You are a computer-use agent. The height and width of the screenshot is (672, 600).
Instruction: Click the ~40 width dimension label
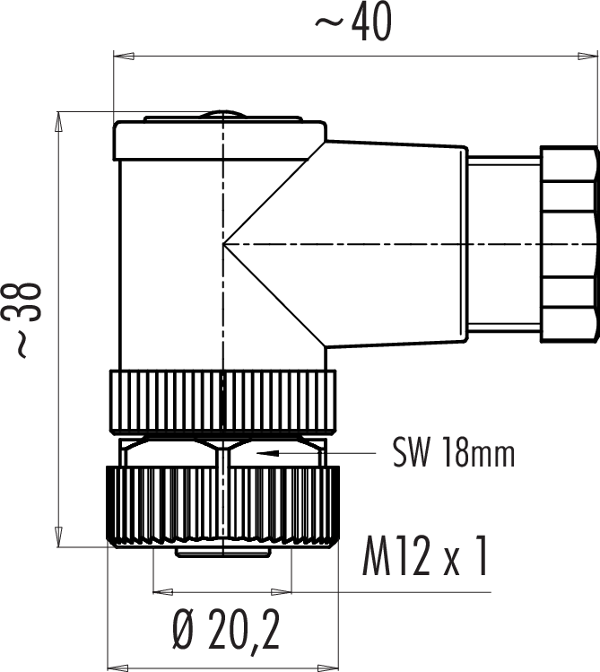click(x=353, y=22)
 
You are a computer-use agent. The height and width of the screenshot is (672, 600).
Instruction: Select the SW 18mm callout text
click(x=454, y=452)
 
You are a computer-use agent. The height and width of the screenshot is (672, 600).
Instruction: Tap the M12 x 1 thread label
click(x=425, y=556)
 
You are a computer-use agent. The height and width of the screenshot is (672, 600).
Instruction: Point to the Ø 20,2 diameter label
click(x=227, y=628)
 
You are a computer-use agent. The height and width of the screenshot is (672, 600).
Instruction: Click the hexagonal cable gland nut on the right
click(x=570, y=244)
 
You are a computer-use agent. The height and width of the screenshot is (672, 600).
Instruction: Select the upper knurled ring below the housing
click(x=222, y=400)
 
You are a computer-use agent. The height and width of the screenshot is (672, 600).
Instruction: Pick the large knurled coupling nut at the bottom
click(x=222, y=507)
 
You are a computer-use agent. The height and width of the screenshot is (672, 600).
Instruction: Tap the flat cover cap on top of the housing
click(x=220, y=141)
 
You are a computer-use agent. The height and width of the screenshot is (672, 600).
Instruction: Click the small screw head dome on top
click(x=223, y=115)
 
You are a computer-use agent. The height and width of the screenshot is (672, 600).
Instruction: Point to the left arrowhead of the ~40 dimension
click(x=124, y=57)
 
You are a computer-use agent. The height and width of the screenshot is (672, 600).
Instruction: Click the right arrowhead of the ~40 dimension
click(x=587, y=57)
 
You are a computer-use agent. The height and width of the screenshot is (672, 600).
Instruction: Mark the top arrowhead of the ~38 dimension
click(x=58, y=122)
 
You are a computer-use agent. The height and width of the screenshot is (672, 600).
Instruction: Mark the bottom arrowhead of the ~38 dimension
click(x=58, y=537)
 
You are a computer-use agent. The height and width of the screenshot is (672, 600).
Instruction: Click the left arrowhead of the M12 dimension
click(x=163, y=592)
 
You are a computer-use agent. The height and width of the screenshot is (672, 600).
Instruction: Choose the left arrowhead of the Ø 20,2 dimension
click(x=117, y=668)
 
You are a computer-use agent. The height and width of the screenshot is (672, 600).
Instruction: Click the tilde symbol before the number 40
click(x=330, y=22)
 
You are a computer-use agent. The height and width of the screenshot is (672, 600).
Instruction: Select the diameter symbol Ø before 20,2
click(x=185, y=628)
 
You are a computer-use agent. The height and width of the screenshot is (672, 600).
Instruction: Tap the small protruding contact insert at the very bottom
click(x=222, y=553)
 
